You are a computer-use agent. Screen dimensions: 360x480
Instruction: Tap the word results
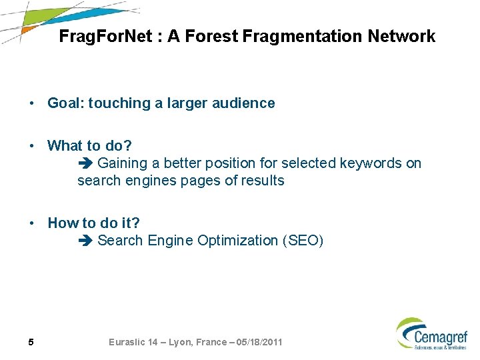click(261, 181)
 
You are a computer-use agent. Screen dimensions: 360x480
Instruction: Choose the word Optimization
click(238, 241)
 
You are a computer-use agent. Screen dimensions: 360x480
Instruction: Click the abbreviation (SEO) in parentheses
click(303, 241)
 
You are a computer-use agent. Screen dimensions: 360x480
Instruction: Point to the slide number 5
click(31, 343)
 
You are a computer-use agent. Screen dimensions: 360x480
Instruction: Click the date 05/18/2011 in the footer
click(256, 342)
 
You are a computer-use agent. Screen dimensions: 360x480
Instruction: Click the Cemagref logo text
click(441, 336)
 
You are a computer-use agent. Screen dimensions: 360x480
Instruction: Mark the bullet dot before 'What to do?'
click(31, 146)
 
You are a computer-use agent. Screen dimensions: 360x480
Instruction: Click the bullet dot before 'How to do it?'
click(31, 223)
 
